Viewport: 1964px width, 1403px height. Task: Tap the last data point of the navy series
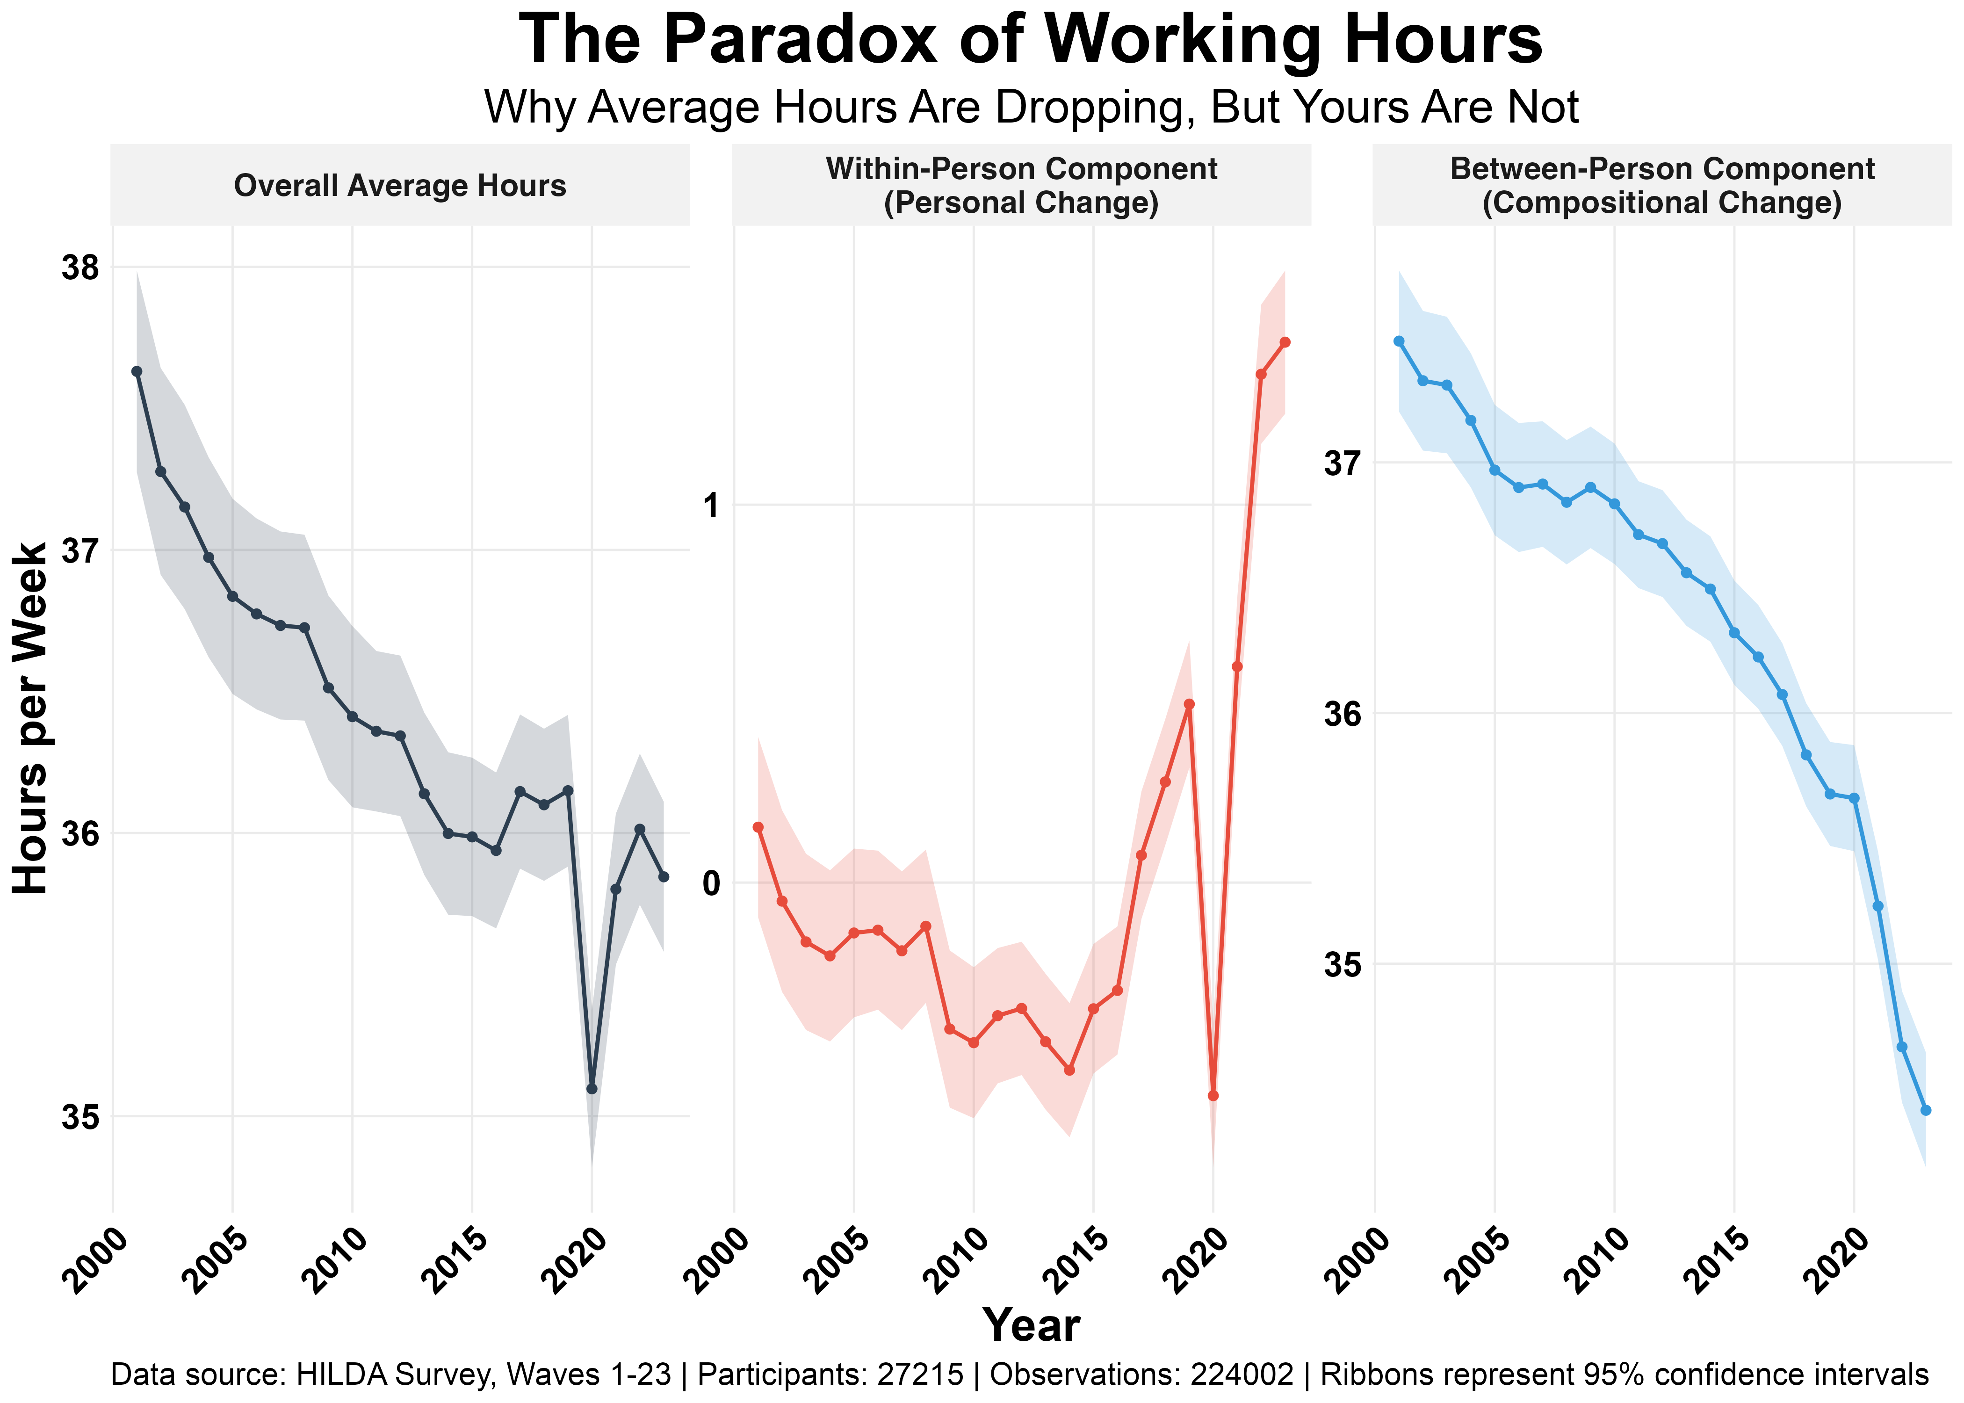663,877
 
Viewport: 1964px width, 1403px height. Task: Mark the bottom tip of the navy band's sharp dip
592,1153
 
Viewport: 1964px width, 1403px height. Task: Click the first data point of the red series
758,827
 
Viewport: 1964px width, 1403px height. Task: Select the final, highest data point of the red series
1285,342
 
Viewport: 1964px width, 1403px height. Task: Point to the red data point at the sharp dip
1213,1095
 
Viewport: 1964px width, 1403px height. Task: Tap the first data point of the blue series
1398,341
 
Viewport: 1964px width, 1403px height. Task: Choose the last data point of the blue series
1925,1110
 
